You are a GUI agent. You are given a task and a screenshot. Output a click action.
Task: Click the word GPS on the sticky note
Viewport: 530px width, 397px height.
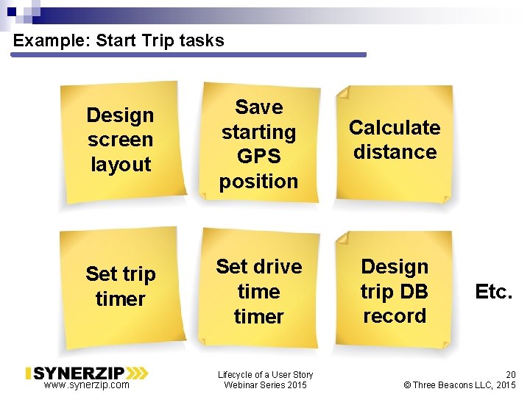click(x=258, y=157)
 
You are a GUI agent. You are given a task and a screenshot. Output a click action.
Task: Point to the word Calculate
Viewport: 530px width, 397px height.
click(x=395, y=128)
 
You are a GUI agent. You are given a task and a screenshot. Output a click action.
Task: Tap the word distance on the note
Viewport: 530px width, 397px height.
click(x=395, y=152)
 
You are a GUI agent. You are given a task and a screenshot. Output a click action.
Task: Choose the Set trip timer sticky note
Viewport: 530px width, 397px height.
click(x=121, y=286)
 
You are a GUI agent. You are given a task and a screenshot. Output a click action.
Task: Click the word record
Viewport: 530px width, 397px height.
click(x=395, y=316)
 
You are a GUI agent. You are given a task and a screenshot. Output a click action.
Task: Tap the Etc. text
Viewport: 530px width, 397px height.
click(x=493, y=292)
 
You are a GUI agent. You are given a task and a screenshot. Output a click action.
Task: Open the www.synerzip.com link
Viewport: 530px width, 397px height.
click(x=86, y=385)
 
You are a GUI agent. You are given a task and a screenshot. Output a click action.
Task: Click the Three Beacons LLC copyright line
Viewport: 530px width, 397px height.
click(x=460, y=385)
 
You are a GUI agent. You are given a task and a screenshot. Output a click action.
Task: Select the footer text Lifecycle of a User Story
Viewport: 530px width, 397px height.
click(x=265, y=374)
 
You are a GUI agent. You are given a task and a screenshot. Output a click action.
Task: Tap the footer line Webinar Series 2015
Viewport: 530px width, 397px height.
click(x=265, y=385)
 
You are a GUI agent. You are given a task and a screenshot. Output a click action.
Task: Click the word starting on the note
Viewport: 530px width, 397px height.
click(x=258, y=132)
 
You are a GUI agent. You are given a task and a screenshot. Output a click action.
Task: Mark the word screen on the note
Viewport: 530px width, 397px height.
click(x=120, y=140)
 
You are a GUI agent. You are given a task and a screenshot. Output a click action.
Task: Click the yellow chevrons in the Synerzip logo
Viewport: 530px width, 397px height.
click(x=136, y=373)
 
